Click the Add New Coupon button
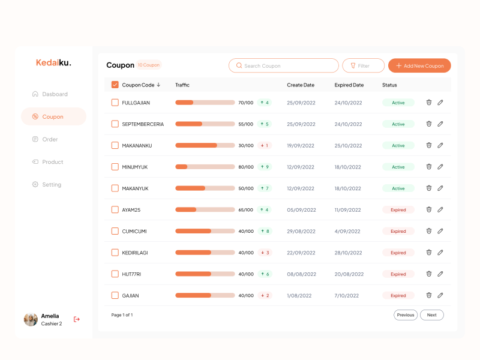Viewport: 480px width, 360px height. pos(419,66)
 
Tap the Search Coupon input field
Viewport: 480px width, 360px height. pos(283,66)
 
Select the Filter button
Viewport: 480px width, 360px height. pos(363,66)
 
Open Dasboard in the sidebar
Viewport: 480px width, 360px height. pos(54,94)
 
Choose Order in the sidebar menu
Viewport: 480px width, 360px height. pos(49,139)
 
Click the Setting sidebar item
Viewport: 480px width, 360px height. pos(51,185)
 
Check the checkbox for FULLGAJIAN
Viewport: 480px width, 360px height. pos(115,103)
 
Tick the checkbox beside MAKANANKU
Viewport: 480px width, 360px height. pos(115,145)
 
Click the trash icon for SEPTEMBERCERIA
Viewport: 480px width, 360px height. pos(429,124)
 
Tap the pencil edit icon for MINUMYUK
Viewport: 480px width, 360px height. pos(440,166)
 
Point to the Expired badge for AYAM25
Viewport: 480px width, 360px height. pos(398,210)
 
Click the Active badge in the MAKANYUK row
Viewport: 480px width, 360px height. pos(398,188)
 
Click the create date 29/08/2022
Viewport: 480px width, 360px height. pos(301,231)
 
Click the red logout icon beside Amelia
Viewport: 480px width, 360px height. pos(77,319)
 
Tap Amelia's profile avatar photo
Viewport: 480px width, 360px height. pos(31,319)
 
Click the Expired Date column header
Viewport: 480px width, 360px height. pos(349,85)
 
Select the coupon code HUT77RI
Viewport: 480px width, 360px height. pos(131,274)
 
